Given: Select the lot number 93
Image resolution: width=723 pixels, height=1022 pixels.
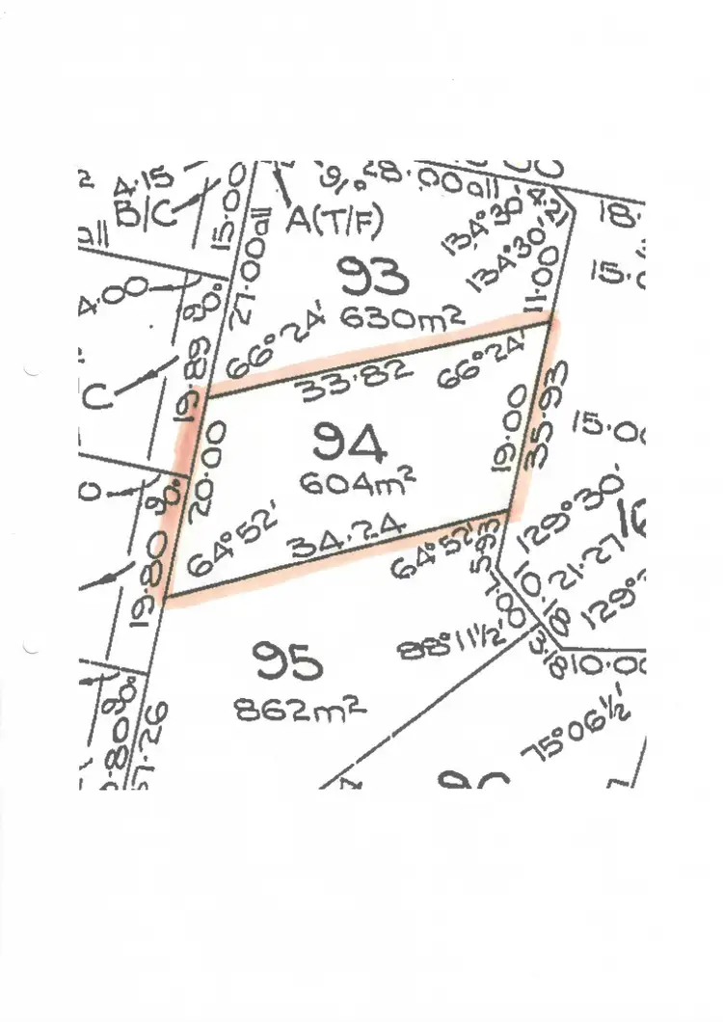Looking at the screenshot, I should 373,278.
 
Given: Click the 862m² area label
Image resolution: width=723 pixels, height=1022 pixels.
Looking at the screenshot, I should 300,712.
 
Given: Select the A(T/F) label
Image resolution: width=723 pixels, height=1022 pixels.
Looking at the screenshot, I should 335,222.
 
